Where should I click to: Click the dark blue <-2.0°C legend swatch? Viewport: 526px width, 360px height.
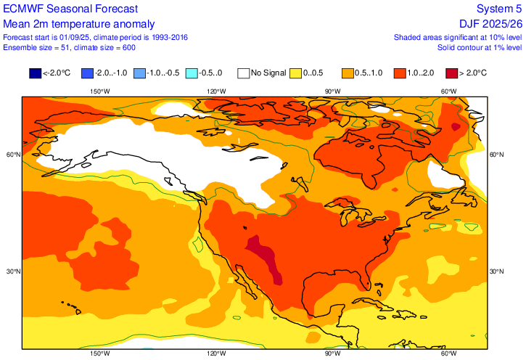(x=35, y=73)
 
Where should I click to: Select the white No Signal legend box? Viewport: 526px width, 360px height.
(x=244, y=73)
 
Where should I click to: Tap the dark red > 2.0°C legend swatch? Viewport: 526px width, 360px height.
(x=453, y=73)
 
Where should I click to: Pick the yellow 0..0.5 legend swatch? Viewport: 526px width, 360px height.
(x=296, y=73)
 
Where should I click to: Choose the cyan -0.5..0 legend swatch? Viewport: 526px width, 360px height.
(x=192, y=73)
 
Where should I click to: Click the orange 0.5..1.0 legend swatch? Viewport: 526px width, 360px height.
(x=348, y=73)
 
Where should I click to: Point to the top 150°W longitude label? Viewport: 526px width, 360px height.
(x=99, y=91)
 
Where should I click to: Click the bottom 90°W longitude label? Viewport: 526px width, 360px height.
(x=332, y=353)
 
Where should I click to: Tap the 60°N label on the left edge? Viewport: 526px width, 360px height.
(x=12, y=155)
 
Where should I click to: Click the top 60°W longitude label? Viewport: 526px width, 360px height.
(x=448, y=91)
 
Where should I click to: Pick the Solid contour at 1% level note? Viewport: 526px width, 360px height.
(x=479, y=47)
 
